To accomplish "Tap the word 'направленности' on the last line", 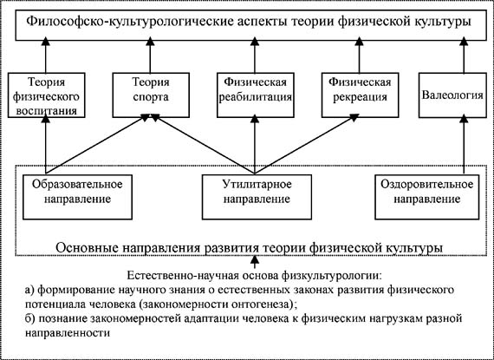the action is (x=68, y=333).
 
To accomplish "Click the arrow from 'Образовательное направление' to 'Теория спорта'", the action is (x=98, y=144).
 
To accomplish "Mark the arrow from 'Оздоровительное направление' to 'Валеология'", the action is (x=464, y=144).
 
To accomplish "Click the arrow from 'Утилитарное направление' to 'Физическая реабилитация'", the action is (x=255, y=144).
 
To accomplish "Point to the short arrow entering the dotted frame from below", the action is (x=255, y=262).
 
